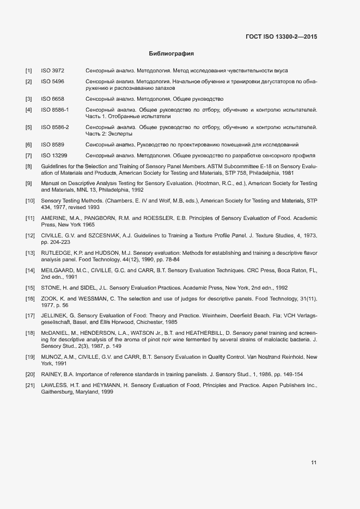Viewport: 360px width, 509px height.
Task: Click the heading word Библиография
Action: pyautogui.click(x=172, y=54)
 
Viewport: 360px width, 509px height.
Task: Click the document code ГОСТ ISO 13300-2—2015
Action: pyautogui.click(x=282, y=36)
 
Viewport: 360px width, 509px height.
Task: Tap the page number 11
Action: pyautogui.click(x=314, y=463)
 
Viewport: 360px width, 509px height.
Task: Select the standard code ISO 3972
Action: pyautogui.click(x=53, y=71)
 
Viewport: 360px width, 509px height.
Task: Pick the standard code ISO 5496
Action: pyautogui.click(x=53, y=82)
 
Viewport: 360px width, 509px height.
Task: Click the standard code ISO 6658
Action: pyautogui.click(x=53, y=99)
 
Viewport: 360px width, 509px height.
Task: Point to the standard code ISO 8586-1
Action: pyautogui.click(x=55, y=110)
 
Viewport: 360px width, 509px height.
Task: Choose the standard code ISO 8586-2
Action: pyautogui.click(x=55, y=127)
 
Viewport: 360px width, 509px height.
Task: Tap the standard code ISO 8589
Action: pyautogui.click(x=53, y=145)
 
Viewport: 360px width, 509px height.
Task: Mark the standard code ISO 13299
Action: pyautogui.click(x=54, y=156)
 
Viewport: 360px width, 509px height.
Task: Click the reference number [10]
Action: pyautogui.click(x=30, y=201)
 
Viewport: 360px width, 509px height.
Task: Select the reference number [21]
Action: pyautogui.click(x=30, y=385)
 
